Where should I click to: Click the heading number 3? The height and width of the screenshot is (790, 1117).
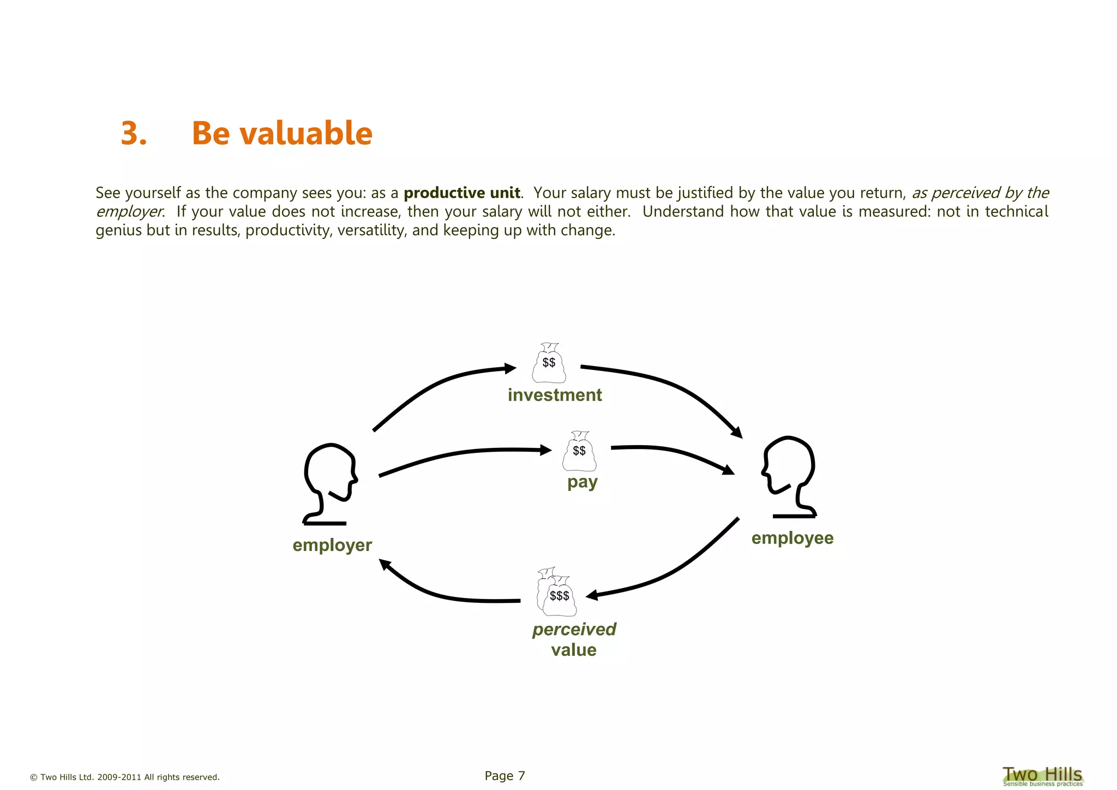coord(134,133)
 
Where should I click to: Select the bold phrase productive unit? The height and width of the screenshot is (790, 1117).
coord(461,193)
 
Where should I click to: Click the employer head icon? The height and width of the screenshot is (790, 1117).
coord(329,483)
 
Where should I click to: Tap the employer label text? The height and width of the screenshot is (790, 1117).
coord(332,545)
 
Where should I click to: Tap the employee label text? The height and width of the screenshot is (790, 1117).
coord(792,538)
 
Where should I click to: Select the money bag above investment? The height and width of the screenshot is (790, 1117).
coord(549,363)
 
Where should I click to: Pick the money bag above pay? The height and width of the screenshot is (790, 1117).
coord(579,452)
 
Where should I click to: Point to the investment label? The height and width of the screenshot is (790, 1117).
coord(555,395)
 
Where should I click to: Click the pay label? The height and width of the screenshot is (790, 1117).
coord(582,482)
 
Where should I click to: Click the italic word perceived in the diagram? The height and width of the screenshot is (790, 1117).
coord(574,629)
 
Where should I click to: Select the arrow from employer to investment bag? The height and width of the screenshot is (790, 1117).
coord(436,385)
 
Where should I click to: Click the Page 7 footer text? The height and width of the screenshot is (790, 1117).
coord(505,776)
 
